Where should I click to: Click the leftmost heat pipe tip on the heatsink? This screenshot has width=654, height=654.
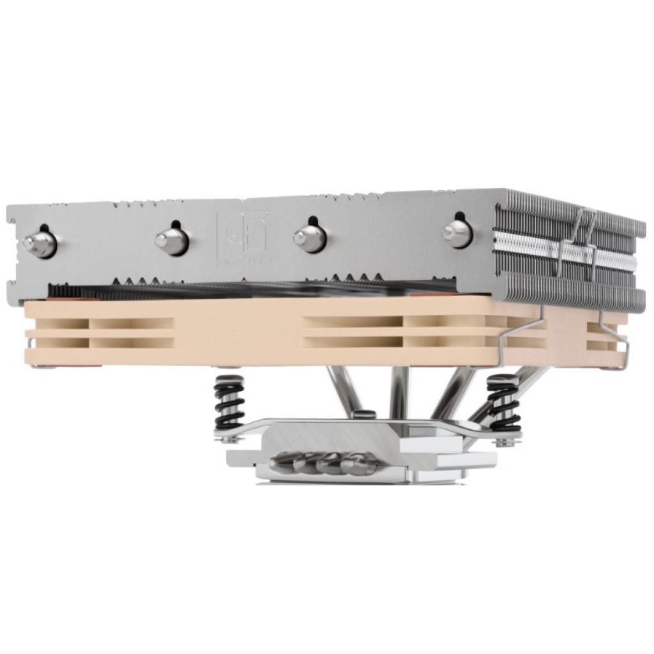[x=38, y=243]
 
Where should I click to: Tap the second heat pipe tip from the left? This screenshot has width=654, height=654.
[x=171, y=240]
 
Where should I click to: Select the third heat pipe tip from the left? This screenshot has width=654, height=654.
[x=310, y=237]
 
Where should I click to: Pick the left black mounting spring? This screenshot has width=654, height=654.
[x=229, y=402]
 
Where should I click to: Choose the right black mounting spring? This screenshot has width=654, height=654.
[x=504, y=403]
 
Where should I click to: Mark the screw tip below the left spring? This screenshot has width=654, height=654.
[x=227, y=439]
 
